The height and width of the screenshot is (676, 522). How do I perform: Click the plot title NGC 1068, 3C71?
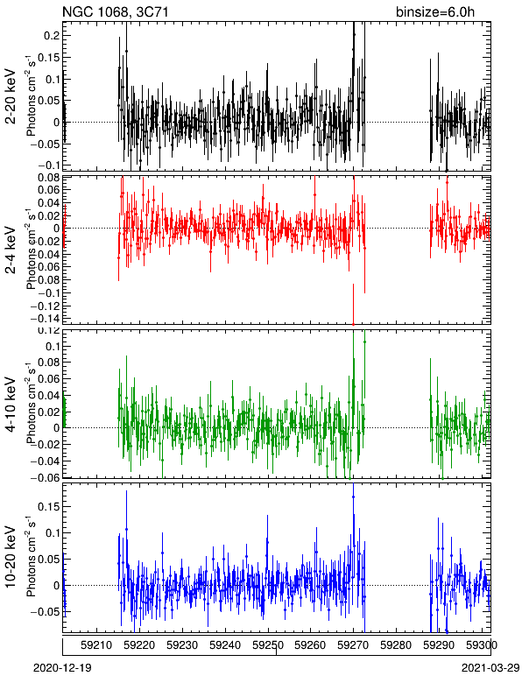click(x=115, y=11)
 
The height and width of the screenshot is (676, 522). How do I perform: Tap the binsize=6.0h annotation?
click(x=435, y=11)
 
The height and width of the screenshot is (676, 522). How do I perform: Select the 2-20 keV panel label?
click(x=11, y=96)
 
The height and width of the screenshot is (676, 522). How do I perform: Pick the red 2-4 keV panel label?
click(x=11, y=251)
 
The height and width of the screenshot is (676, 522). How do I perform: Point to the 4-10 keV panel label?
click(x=11, y=405)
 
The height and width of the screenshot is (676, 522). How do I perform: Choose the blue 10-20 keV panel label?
click(x=11, y=557)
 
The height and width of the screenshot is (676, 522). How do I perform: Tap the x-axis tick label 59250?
click(x=268, y=645)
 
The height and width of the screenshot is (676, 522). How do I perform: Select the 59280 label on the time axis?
click(x=396, y=645)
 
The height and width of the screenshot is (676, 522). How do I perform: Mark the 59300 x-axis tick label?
click(x=482, y=645)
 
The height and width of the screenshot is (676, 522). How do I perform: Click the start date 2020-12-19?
click(x=62, y=668)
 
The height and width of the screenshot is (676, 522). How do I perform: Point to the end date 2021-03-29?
click(x=490, y=668)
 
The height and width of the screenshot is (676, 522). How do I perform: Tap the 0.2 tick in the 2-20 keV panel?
click(x=52, y=35)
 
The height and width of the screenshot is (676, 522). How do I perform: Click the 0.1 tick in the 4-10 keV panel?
click(x=52, y=346)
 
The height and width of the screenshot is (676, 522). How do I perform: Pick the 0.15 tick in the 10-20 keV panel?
click(x=48, y=506)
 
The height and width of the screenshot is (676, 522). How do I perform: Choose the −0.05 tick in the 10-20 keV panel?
click(x=45, y=612)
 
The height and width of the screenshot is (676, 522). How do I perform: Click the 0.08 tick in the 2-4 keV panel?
click(x=48, y=178)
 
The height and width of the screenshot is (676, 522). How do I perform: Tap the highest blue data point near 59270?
click(x=353, y=496)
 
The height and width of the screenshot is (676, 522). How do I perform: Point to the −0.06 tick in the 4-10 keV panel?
click(x=45, y=477)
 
